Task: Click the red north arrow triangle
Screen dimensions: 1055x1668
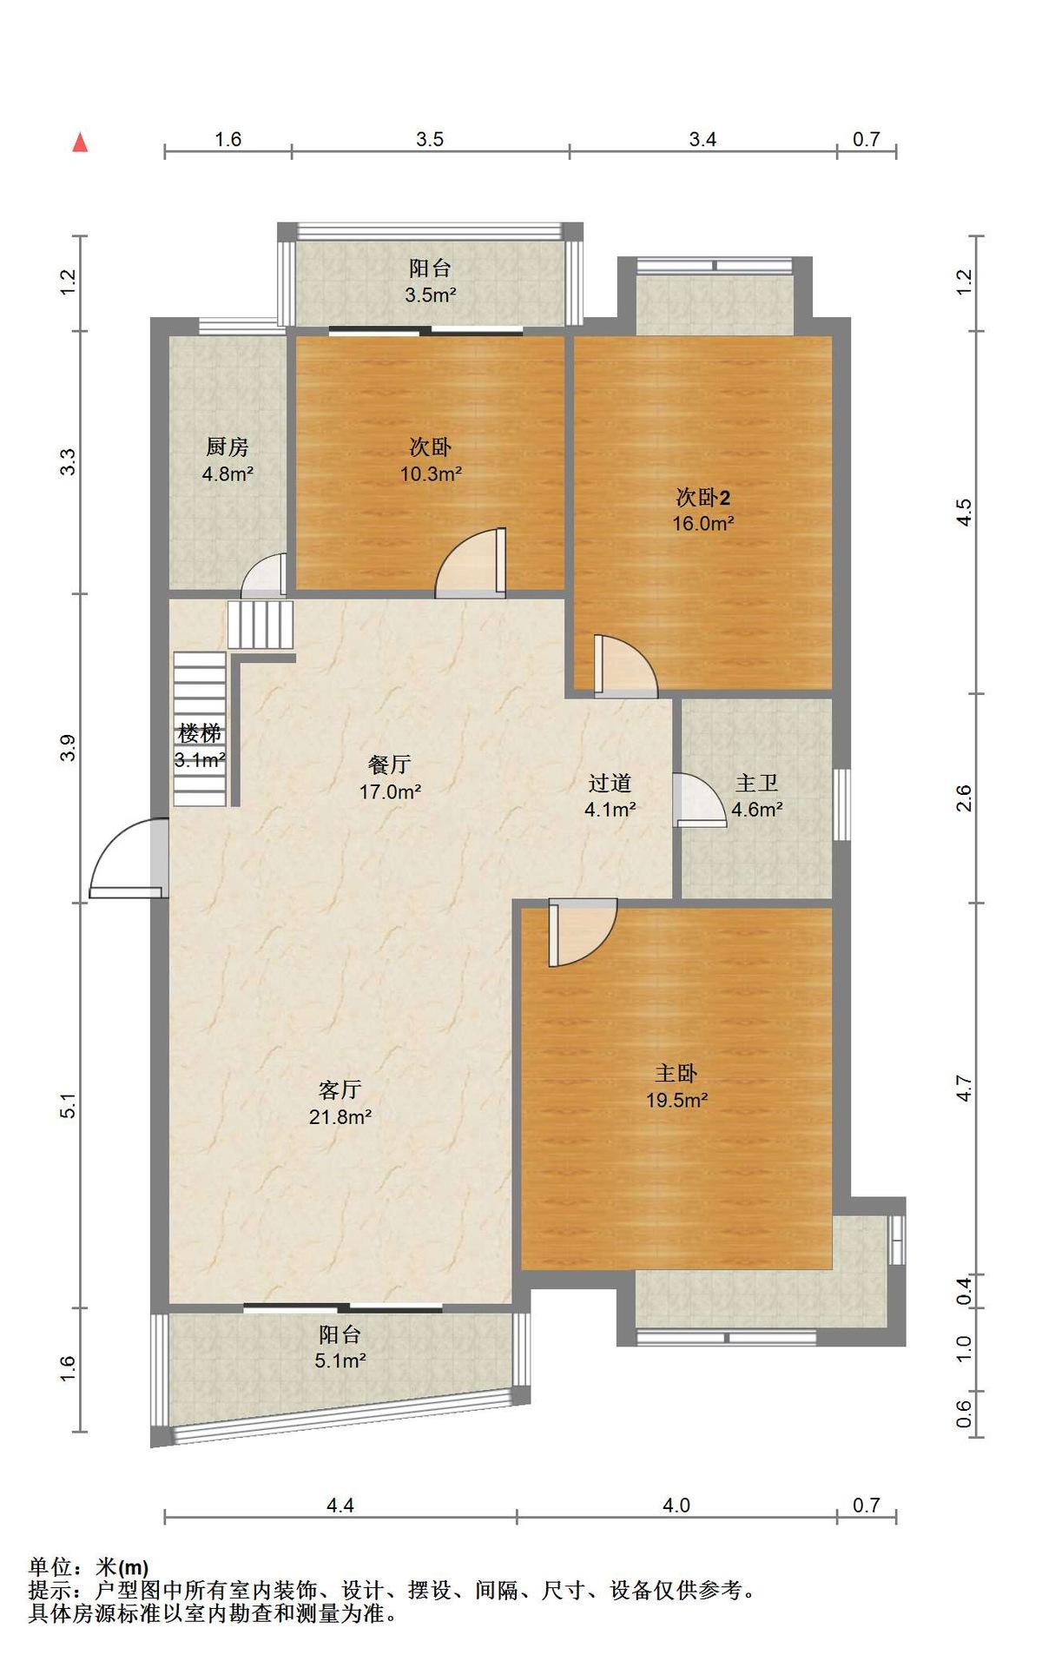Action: pos(80,142)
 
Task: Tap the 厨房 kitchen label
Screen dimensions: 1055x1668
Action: pos(227,447)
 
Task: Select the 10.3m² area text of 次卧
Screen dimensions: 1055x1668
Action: pos(431,473)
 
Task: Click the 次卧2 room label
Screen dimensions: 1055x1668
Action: pos(703,498)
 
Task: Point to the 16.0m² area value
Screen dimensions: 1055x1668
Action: pos(703,523)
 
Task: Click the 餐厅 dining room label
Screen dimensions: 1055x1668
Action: pos(390,764)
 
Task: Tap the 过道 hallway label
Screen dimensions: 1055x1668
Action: pos(610,783)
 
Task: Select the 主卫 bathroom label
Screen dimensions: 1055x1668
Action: pos(756,783)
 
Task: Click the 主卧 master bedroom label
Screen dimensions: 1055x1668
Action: pos(676,1074)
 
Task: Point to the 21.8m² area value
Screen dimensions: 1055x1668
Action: pos(340,1116)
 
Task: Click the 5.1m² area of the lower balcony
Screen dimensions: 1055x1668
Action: pos(340,1360)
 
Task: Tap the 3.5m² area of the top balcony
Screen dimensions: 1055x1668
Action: pos(431,295)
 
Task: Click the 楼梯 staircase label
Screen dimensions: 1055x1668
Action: pos(200,733)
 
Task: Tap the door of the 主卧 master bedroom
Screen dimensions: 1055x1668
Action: pos(583,932)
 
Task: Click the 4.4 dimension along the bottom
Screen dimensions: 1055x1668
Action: pos(340,1505)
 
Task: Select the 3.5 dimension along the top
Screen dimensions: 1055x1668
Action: pos(430,139)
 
